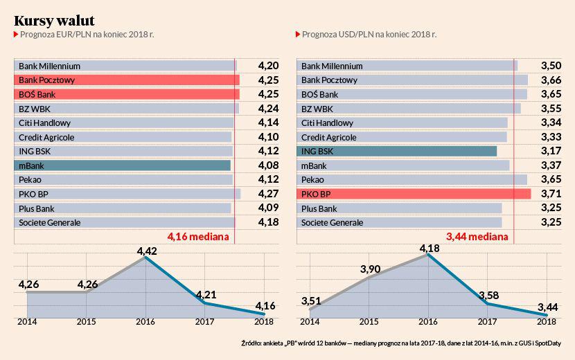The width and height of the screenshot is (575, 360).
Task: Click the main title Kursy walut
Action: pyautogui.click(x=54, y=19)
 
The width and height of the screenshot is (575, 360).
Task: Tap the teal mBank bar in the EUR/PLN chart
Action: pyautogui.click(x=122, y=165)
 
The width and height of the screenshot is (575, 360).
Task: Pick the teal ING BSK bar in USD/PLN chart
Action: pyautogui.click(x=396, y=151)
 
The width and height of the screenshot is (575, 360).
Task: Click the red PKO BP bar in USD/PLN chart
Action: pyautogui.click(x=414, y=194)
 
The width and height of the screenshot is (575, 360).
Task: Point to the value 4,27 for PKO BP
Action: pyautogui.click(x=268, y=194)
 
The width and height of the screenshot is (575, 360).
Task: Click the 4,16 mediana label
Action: pyautogui.click(x=198, y=237)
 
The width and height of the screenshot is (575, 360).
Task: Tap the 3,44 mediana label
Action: pyautogui.click(x=477, y=237)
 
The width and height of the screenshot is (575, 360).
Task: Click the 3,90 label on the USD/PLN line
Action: pyautogui.click(x=369, y=269)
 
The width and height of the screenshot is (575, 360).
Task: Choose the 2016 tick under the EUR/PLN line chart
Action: pyautogui.click(x=145, y=322)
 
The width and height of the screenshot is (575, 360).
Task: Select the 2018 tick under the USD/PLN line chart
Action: pyautogui.click(x=547, y=322)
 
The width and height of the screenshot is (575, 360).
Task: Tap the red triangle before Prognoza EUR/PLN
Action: pyautogui.click(x=16, y=33)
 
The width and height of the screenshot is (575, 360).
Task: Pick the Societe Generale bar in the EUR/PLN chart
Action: pyautogui.click(x=124, y=222)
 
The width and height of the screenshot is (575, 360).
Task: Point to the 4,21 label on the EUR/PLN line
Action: pyautogui.click(x=206, y=295)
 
